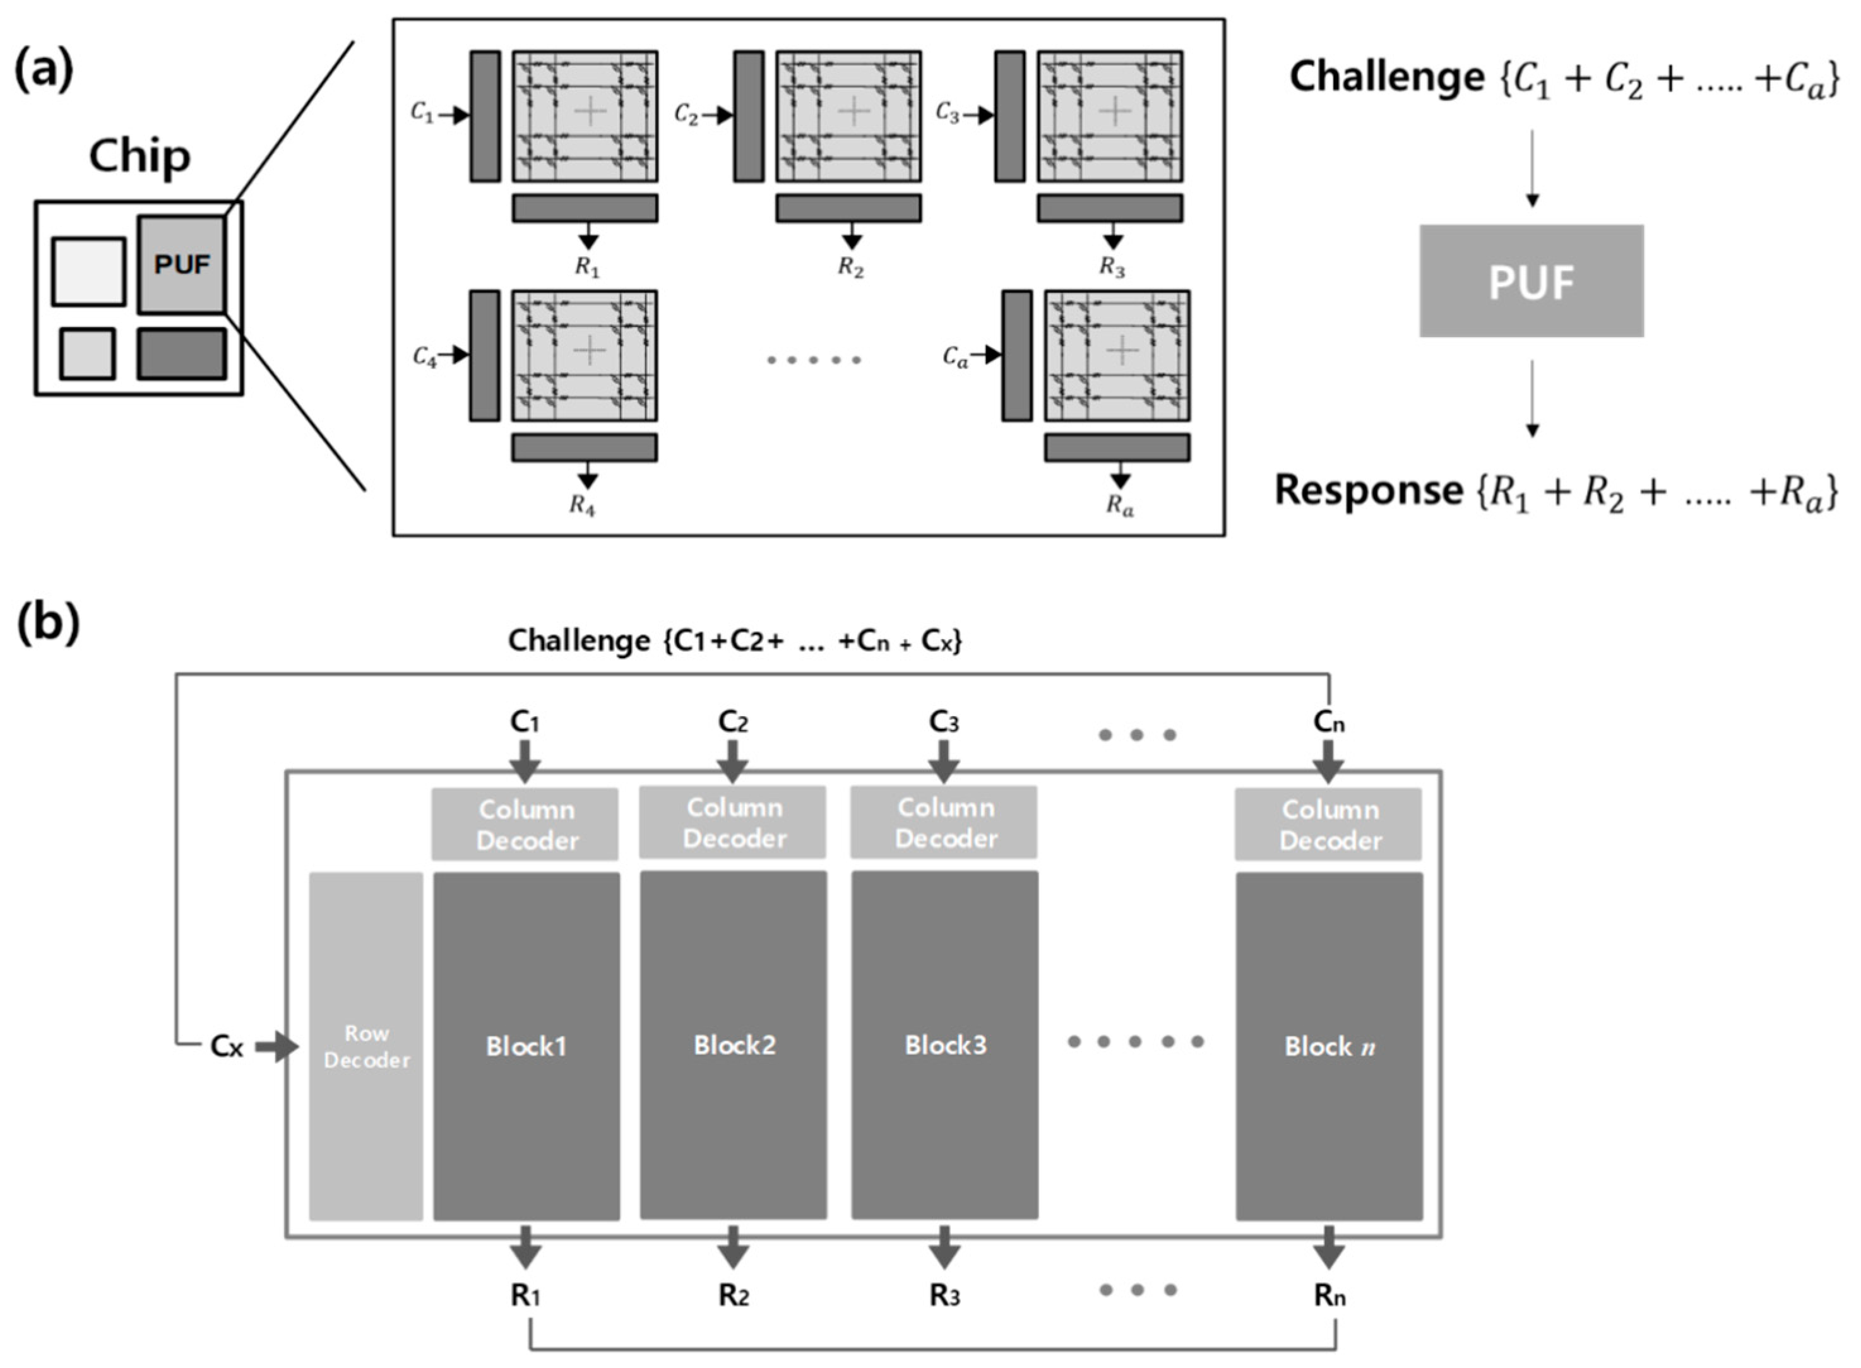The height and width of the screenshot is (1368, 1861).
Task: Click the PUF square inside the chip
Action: click(x=181, y=264)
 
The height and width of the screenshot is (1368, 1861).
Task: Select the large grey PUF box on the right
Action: click(x=1531, y=281)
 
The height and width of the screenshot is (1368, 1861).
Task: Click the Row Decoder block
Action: click(x=366, y=1046)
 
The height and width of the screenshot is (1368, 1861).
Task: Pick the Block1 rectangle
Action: click(x=526, y=1046)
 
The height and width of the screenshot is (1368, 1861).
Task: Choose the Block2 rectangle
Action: click(x=734, y=1045)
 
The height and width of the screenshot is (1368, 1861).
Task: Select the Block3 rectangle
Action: click(x=944, y=1045)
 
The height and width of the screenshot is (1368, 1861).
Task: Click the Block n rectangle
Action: click(x=1329, y=1046)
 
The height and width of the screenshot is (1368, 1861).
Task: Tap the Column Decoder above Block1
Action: click(x=525, y=824)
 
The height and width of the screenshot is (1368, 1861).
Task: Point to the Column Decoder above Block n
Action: click(x=1328, y=824)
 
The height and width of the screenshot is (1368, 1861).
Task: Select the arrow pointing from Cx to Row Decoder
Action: click(x=276, y=1047)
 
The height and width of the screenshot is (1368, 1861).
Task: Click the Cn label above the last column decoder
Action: click(x=1328, y=722)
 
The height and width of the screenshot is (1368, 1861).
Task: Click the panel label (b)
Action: click(x=48, y=623)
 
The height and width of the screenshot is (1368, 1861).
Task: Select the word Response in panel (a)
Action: click(x=1368, y=490)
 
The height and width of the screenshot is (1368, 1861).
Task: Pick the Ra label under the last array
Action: click(x=1120, y=505)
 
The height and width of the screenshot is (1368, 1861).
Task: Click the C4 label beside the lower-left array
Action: click(x=425, y=358)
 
